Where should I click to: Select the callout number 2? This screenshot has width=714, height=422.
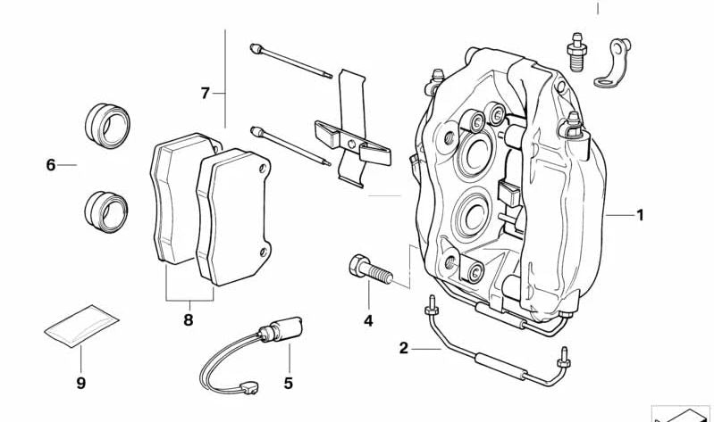tap(403, 348)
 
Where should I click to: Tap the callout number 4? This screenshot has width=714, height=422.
tap(367, 321)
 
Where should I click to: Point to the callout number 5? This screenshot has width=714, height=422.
tap(289, 384)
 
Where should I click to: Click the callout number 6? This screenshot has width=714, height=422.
tap(51, 165)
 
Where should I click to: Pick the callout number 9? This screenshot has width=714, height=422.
tap(80, 384)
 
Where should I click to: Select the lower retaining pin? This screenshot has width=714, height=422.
tap(290, 147)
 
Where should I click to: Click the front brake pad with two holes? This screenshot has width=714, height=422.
tap(235, 214)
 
